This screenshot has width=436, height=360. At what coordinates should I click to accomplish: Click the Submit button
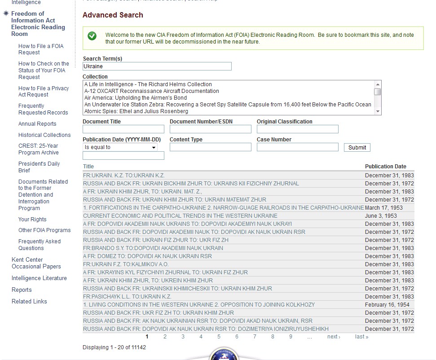(357, 147)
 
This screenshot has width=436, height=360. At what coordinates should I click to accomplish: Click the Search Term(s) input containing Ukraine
(157, 66)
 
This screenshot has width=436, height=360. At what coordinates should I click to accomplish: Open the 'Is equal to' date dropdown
(120, 147)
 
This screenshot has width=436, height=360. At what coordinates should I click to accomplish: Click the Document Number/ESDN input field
(210, 129)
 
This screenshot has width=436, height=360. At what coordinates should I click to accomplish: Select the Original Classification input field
(297, 129)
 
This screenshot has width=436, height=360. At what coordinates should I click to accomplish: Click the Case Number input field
(297, 147)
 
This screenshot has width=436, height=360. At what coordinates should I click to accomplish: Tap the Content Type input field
(210, 147)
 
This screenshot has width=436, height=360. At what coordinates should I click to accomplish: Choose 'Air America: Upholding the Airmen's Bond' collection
(136, 98)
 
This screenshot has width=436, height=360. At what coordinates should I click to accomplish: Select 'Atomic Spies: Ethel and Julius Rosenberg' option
(136, 111)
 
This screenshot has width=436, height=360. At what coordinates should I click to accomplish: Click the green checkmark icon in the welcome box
(92, 36)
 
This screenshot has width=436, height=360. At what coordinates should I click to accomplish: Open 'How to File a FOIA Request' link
(41, 49)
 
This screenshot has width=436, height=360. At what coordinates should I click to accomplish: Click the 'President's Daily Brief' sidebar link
(39, 167)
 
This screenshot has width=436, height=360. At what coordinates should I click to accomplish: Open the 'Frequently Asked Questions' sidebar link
(40, 245)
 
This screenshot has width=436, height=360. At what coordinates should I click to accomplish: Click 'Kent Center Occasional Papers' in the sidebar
(36, 263)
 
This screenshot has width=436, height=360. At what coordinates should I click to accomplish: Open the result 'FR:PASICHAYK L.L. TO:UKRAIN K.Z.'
(127, 297)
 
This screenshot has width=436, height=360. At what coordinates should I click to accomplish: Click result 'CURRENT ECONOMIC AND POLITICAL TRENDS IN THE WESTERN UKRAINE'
(180, 216)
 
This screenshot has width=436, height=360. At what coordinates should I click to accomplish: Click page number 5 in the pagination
(219, 337)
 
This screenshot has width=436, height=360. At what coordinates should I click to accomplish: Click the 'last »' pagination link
(361, 337)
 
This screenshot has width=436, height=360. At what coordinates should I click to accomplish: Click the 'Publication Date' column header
(385, 167)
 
